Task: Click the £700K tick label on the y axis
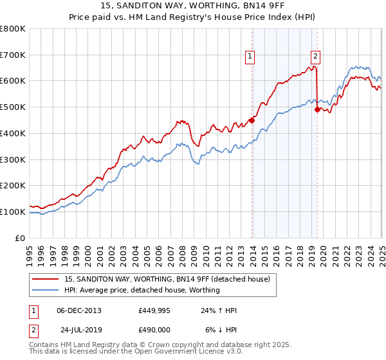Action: click(x=13, y=55)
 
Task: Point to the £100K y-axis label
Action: click(x=13, y=212)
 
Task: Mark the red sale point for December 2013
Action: click(x=252, y=120)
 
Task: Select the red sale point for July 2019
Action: click(x=317, y=109)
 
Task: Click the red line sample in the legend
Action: click(x=45, y=279)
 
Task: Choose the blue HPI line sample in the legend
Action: click(x=45, y=290)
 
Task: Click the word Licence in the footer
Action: click(x=178, y=352)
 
